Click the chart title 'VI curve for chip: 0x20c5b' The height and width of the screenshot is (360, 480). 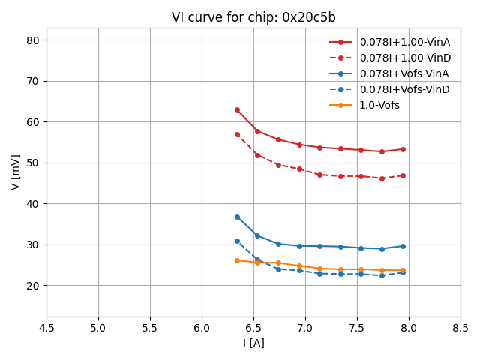click(x=253, y=17)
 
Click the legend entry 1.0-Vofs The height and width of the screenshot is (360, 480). click(x=379, y=105)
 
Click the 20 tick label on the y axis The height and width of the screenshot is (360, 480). click(x=34, y=286)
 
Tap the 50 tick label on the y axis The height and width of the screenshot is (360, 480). click(x=34, y=163)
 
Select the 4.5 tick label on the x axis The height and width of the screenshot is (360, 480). click(x=46, y=328)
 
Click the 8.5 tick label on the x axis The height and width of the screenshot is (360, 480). click(x=460, y=328)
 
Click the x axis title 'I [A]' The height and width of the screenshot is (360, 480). click(x=253, y=343)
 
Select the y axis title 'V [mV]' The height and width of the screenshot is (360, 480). click(x=16, y=172)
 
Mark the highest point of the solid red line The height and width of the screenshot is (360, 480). click(x=237, y=109)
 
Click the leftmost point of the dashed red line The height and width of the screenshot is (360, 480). click(x=237, y=134)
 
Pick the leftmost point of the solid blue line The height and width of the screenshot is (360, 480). click(x=237, y=217)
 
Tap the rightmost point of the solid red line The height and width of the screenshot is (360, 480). click(x=403, y=149)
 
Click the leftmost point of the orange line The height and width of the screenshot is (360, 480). click(x=237, y=260)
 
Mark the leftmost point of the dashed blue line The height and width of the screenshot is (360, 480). click(x=237, y=241)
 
